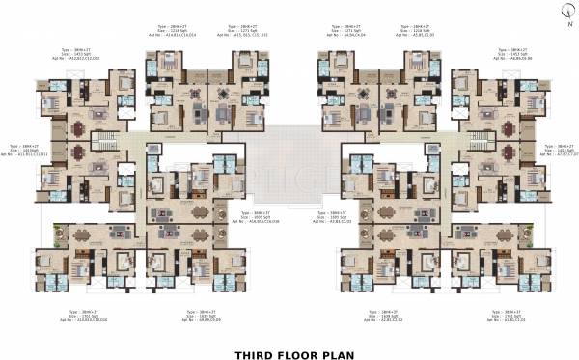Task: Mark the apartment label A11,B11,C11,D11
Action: (29, 154)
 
